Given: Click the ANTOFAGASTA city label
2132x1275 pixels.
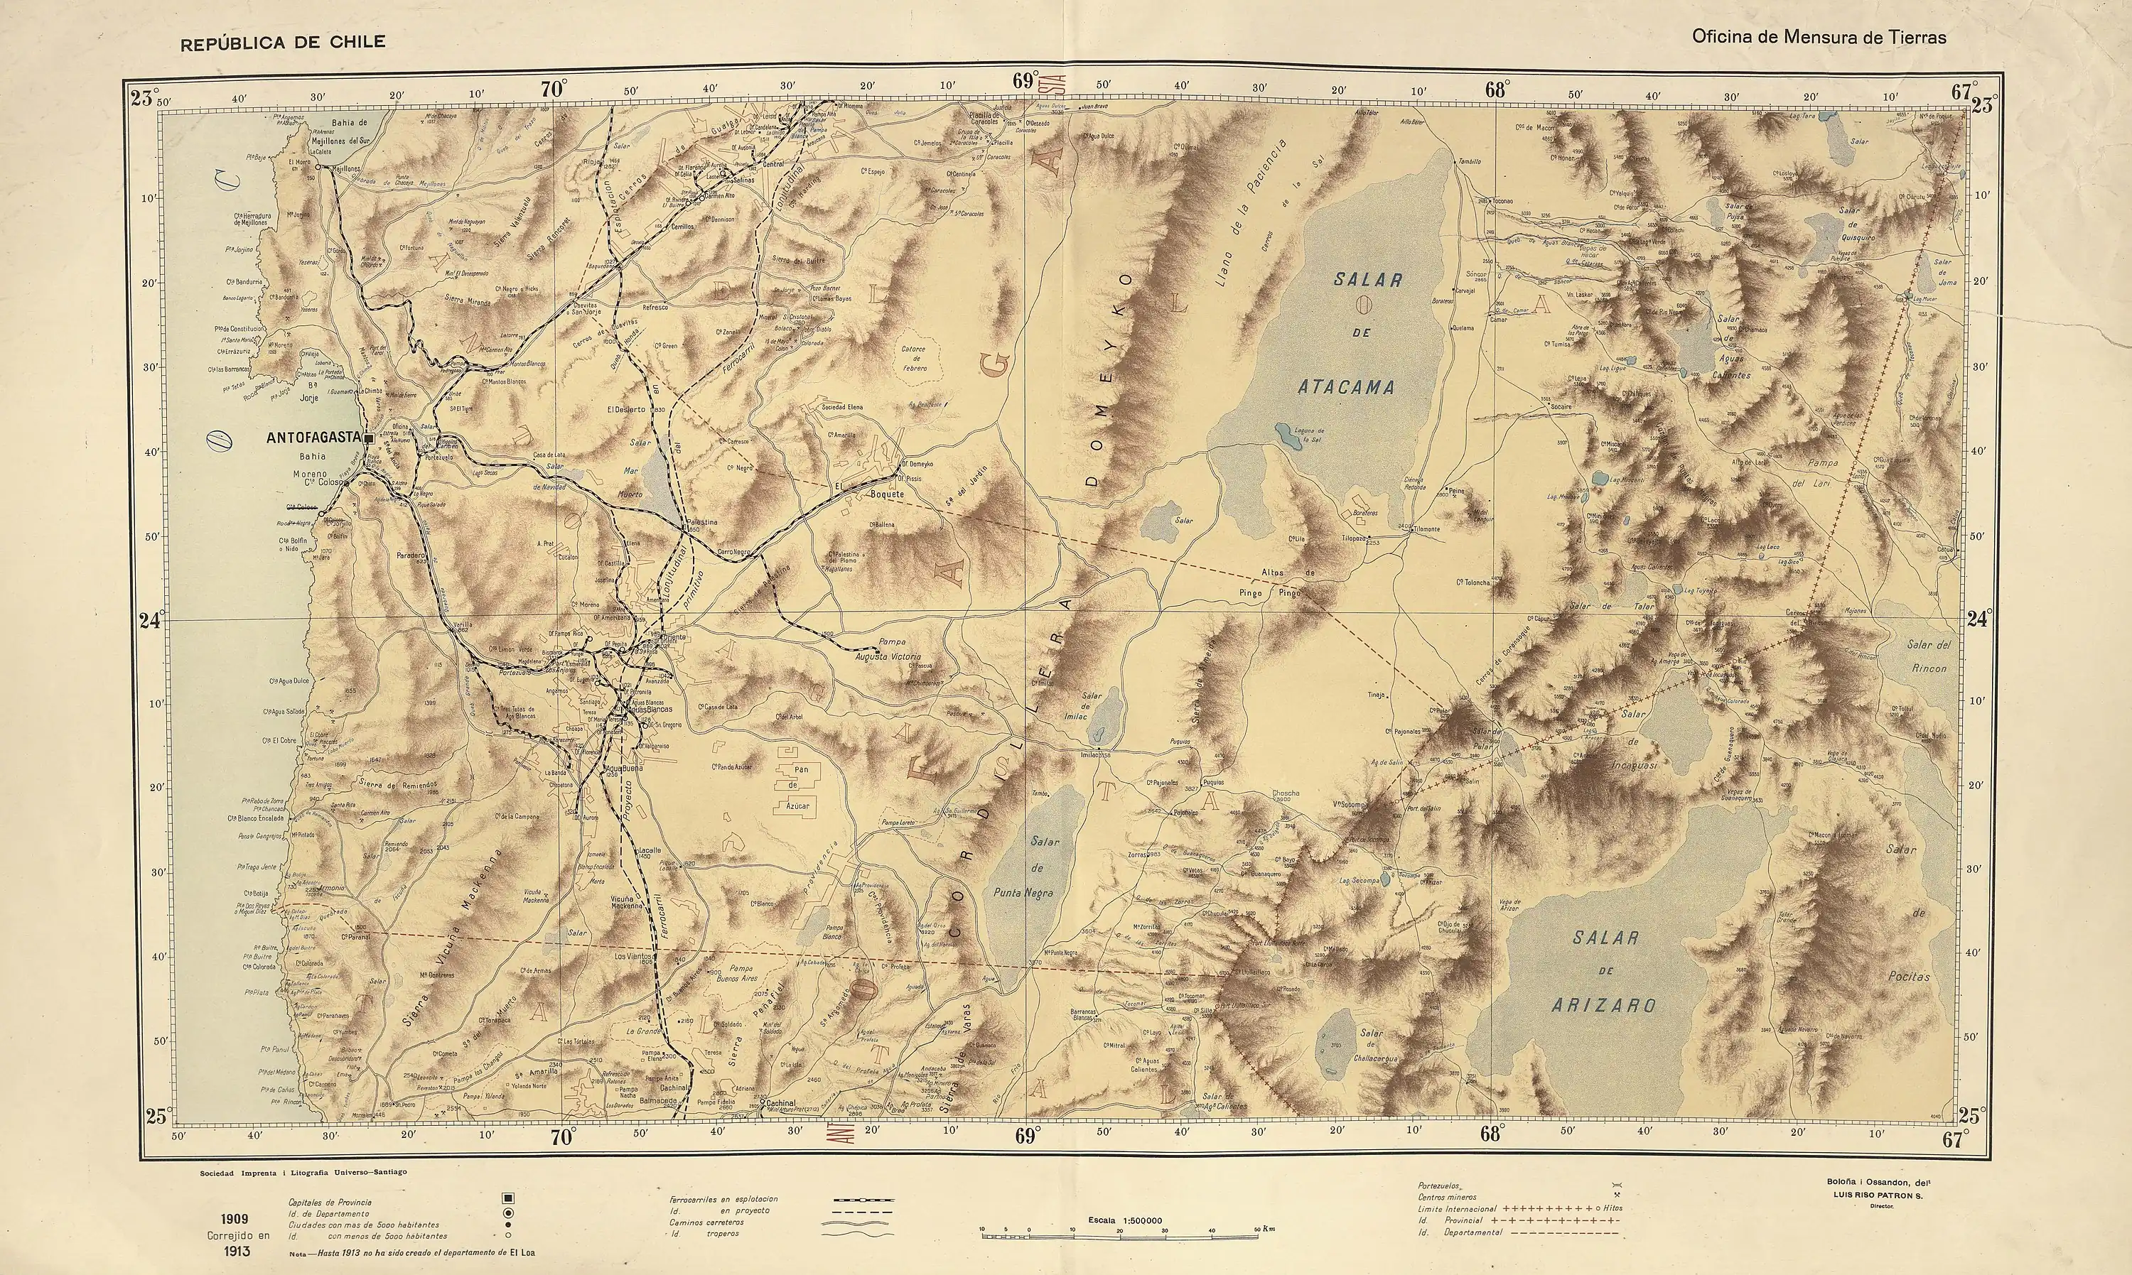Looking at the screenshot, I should point(313,438).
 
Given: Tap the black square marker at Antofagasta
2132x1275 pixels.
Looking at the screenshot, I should point(369,438).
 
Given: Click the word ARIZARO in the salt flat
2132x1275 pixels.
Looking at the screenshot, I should point(1603,1004).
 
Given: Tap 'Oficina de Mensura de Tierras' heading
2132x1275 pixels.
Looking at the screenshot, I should point(1819,37).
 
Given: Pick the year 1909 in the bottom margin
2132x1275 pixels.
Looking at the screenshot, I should point(234,1219).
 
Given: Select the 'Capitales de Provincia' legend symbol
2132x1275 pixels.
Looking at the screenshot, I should point(508,1198).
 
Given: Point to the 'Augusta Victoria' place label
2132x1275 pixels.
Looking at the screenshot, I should point(888,656).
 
